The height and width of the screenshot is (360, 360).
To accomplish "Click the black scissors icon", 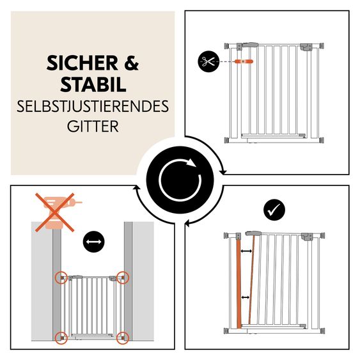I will [x=207, y=62].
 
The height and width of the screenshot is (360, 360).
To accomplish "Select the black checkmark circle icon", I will [x=274, y=209].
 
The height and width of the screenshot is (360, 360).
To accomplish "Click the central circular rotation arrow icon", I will [x=180, y=180].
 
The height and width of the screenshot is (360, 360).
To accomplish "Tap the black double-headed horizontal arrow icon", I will [x=95, y=242].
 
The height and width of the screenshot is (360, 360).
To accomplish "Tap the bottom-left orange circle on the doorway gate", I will [x=61, y=336].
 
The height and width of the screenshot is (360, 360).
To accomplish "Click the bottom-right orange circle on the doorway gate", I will [x=123, y=336].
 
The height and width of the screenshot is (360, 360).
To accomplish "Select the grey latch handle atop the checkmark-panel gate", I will [x=254, y=235].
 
